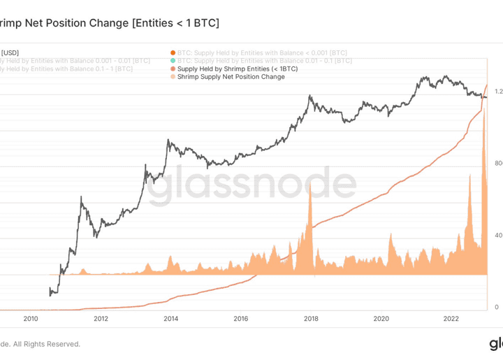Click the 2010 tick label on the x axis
[x=31, y=319]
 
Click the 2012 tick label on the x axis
[x=101, y=319]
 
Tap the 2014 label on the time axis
[x=171, y=319]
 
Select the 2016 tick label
[x=241, y=319]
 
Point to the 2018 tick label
[x=312, y=319]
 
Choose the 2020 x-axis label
[x=381, y=319]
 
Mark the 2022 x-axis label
[x=451, y=319]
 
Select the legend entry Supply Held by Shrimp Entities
[x=238, y=69]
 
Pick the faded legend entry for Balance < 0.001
[x=262, y=52]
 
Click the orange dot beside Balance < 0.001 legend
[x=173, y=52]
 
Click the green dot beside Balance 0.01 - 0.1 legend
[x=173, y=61]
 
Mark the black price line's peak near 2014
[x=168, y=140]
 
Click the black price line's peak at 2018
[x=309, y=96]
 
